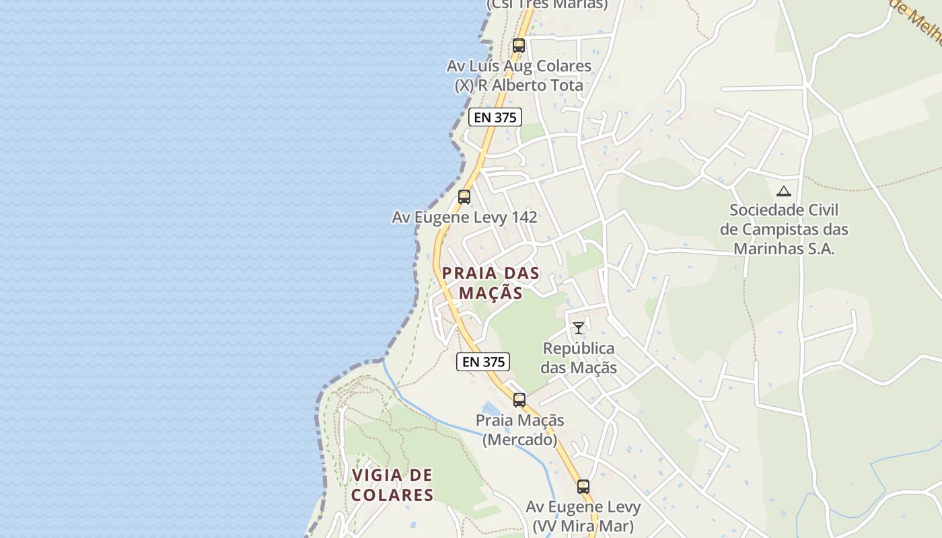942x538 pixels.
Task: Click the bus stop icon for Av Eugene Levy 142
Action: pyautogui.click(x=464, y=197)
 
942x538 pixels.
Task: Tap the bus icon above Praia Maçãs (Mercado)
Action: pyautogui.click(x=519, y=400)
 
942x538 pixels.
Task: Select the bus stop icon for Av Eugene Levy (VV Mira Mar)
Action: pyautogui.click(x=583, y=487)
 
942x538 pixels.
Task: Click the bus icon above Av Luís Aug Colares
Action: pyautogui.click(x=518, y=46)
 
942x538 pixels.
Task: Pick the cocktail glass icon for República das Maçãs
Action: pyautogui.click(x=579, y=328)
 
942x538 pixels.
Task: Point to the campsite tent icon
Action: pyautogui.click(x=783, y=192)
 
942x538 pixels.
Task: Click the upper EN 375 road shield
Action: pyautogui.click(x=495, y=117)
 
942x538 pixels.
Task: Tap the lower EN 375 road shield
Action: pyautogui.click(x=483, y=362)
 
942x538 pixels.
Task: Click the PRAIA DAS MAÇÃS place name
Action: pyautogui.click(x=491, y=283)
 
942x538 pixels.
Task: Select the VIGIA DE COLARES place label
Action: pyautogui.click(x=392, y=485)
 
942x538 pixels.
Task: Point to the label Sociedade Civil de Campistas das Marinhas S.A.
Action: pyautogui.click(x=784, y=229)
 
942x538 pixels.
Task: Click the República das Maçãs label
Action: pyautogui.click(x=579, y=358)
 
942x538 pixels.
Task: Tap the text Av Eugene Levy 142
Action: pyautogui.click(x=464, y=217)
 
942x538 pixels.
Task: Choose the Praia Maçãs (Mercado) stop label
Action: pyautogui.click(x=519, y=430)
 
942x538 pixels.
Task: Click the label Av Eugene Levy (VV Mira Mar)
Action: pyautogui.click(x=583, y=516)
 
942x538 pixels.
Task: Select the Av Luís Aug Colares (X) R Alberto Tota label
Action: pyautogui.click(x=519, y=75)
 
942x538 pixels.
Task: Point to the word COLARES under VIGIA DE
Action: pyautogui.click(x=392, y=495)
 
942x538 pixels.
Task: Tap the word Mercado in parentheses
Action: pyautogui.click(x=519, y=440)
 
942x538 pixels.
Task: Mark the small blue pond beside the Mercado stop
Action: pyautogui.click(x=491, y=408)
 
